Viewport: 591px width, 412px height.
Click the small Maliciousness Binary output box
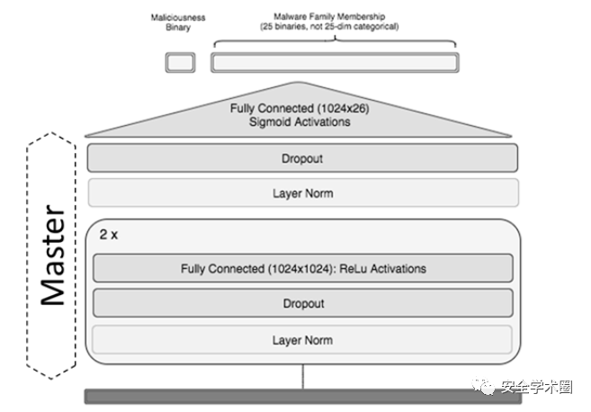(x=180, y=62)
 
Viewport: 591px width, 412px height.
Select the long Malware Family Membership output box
(x=335, y=62)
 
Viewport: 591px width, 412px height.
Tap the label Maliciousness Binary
(x=178, y=22)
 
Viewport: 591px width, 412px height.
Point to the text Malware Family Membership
(x=329, y=16)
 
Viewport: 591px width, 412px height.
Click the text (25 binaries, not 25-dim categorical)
(x=329, y=26)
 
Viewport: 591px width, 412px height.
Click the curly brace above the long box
(x=335, y=40)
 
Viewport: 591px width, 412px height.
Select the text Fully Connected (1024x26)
(x=300, y=108)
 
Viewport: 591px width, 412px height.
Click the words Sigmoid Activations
(x=300, y=121)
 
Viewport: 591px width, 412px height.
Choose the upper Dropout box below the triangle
(x=302, y=158)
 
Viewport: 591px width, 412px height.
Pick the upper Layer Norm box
(x=303, y=193)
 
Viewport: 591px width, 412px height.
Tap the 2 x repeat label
(x=109, y=235)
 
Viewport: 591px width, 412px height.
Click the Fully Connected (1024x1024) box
(x=303, y=268)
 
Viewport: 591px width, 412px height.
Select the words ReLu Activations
(x=382, y=268)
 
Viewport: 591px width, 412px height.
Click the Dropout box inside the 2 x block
(x=303, y=303)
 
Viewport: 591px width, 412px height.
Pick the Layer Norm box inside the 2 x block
(x=302, y=340)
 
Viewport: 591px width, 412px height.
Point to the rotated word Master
(x=53, y=255)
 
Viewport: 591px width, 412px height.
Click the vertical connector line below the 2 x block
(x=302, y=377)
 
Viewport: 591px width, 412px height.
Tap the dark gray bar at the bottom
(x=303, y=397)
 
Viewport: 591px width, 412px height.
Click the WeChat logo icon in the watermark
(x=483, y=387)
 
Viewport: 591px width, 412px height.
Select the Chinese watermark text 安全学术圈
(x=537, y=387)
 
